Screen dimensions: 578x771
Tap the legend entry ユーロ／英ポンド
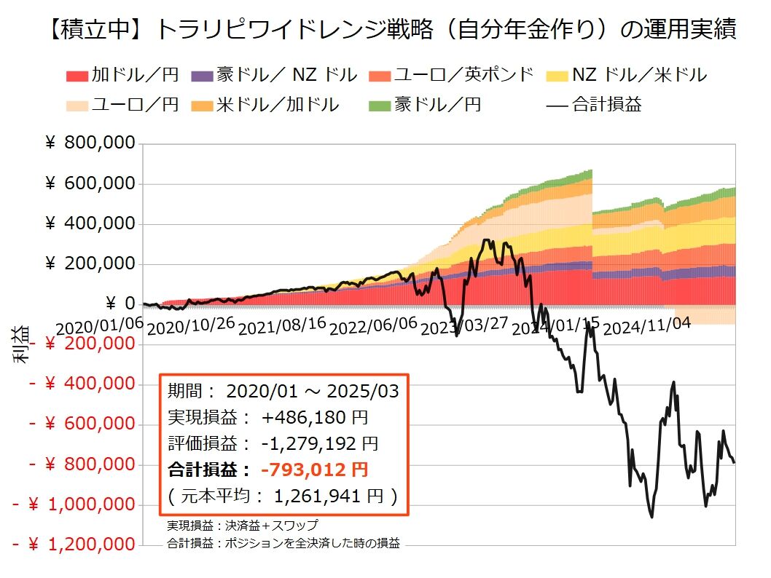click(x=452, y=75)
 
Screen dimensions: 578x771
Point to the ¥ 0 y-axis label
click(x=121, y=304)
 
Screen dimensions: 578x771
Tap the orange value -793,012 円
click(x=316, y=469)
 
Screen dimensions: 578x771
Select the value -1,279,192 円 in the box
click(x=319, y=443)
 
